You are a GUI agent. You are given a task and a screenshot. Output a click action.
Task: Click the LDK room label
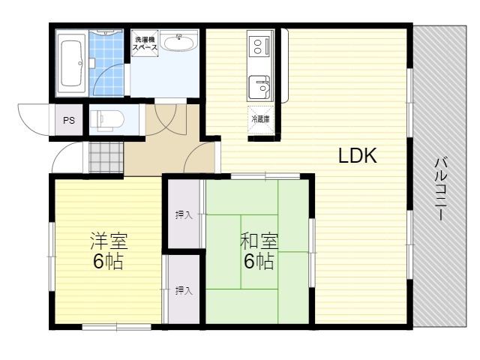click(357, 155)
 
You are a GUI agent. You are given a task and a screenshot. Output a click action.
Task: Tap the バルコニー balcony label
click(441, 189)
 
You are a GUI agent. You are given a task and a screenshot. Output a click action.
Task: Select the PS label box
click(69, 120)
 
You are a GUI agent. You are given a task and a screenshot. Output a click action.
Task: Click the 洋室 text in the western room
click(109, 241)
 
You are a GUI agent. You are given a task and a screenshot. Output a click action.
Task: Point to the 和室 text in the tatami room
click(259, 241)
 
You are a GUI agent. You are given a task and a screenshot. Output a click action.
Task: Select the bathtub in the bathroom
click(71, 64)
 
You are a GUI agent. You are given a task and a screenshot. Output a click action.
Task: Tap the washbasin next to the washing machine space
click(179, 41)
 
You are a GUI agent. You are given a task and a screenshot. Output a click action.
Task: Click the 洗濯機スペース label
click(145, 43)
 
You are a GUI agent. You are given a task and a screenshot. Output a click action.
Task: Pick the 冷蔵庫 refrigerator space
click(260, 120)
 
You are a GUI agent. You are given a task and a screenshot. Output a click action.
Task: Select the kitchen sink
click(259, 87)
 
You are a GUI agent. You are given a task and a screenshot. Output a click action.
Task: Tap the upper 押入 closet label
click(184, 215)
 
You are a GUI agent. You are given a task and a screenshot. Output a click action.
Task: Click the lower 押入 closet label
click(184, 290)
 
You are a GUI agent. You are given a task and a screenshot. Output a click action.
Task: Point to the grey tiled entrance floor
click(106, 157)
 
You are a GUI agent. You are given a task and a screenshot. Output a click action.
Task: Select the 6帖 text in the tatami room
click(259, 261)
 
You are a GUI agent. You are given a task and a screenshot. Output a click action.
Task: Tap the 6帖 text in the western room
click(108, 261)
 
